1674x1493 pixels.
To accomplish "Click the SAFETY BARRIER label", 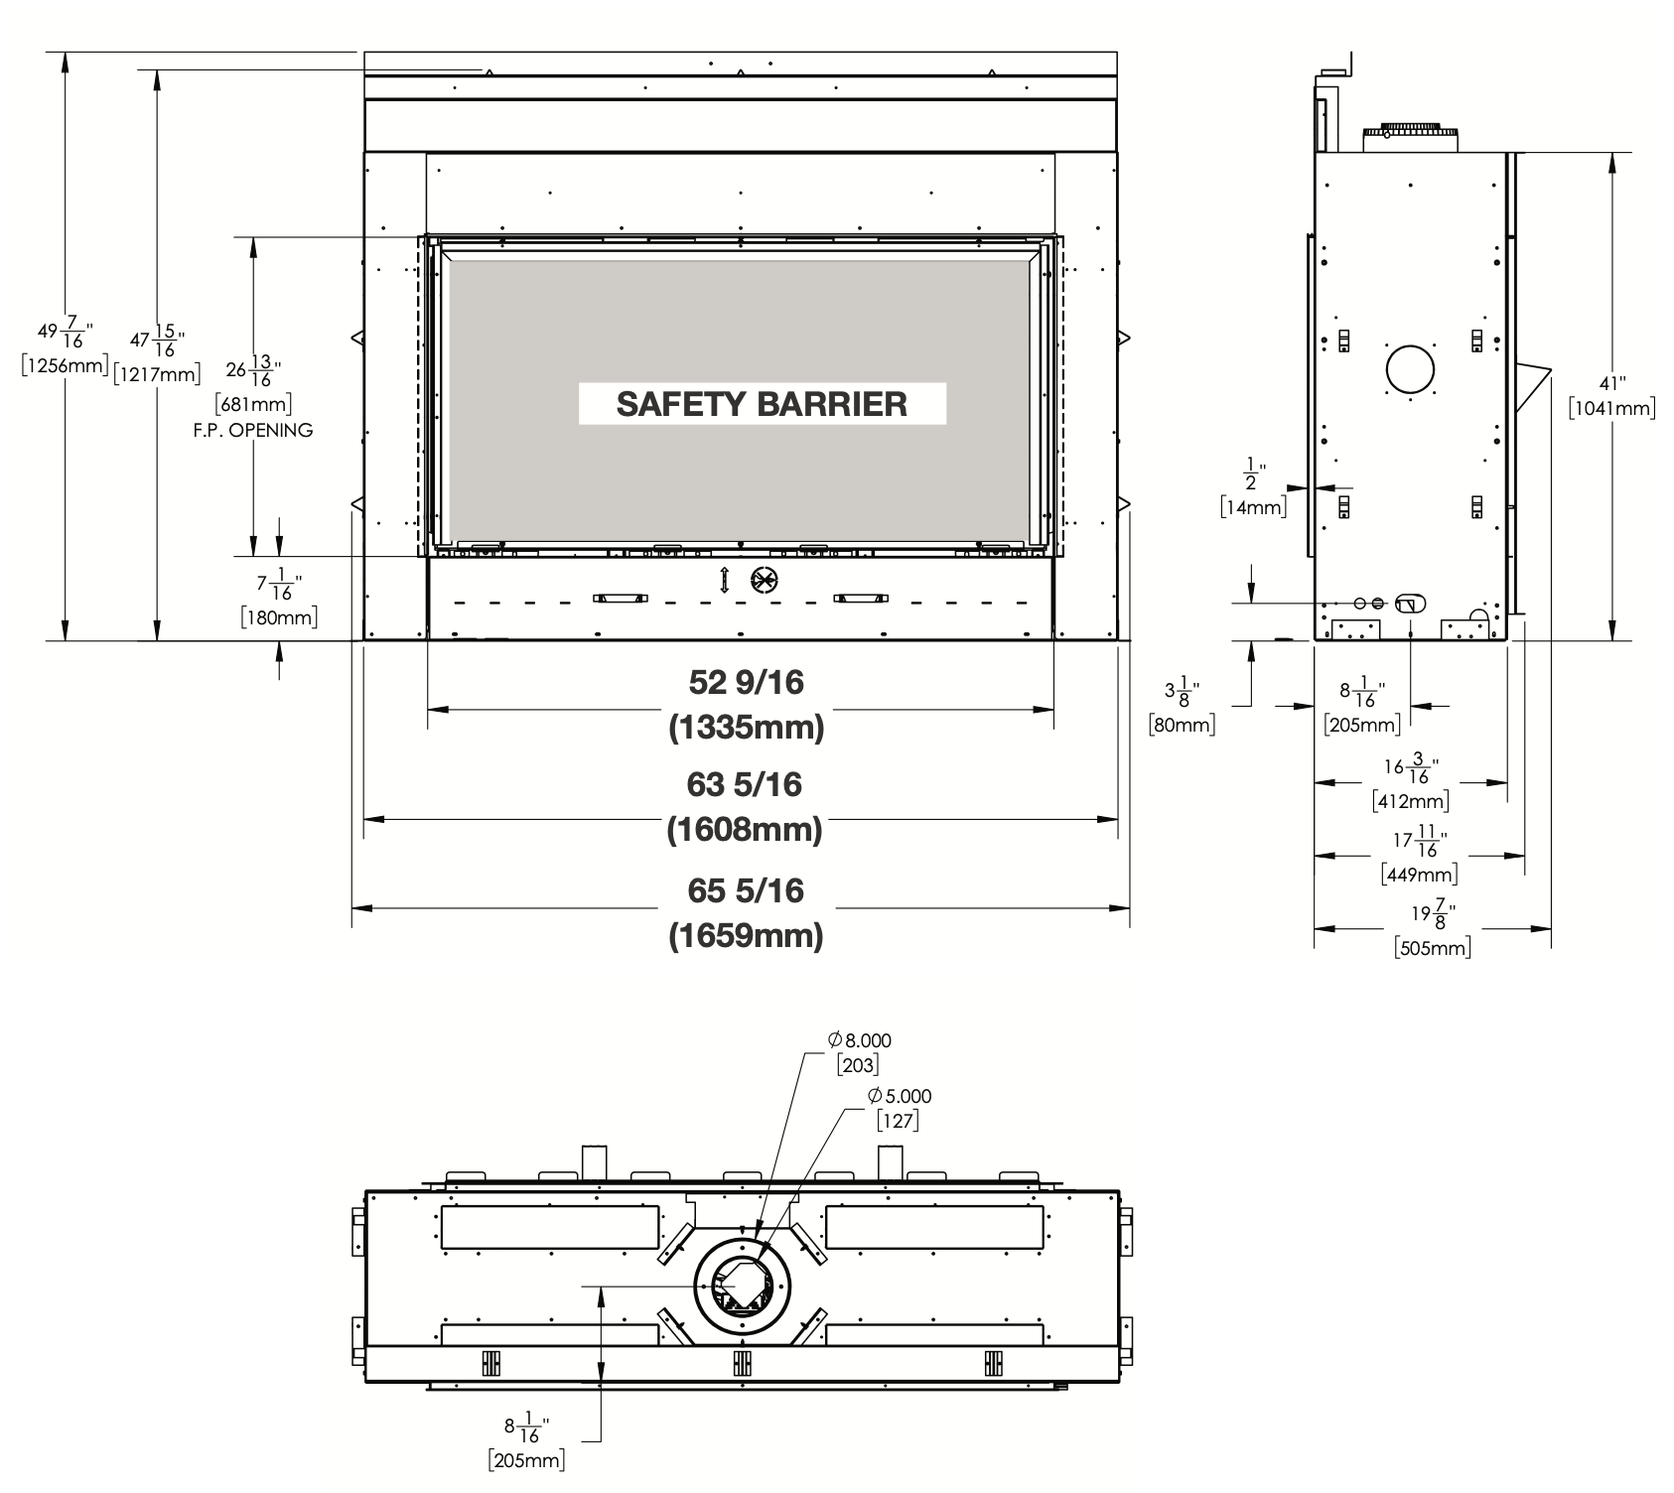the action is pyautogui.click(x=762, y=404).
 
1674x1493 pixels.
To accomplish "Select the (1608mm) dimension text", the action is pyautogui.click(x=745, y=829).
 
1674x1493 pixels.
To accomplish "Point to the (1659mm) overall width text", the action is pyautogui.click(x=746, y=935).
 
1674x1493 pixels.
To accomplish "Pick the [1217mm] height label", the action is pyautogui.click(x=157, y=374).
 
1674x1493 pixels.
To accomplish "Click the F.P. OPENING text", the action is pyautogui.click(x=253, y=430).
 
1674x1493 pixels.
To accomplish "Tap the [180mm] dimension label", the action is pyautogui.click(x=279, y=617).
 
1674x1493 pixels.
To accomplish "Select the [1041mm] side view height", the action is pyautogui.click(x=1611, y=408).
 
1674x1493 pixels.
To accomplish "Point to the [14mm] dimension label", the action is pyautogui.click(x=1253, y=507).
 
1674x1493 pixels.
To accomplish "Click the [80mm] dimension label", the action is pyautogui.click(x=1182, y=724).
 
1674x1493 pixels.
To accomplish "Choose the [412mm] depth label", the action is pyautogui.click(x=1411, y=800).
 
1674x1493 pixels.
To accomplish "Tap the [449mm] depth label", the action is pyautogui.click(x=1420, y=875).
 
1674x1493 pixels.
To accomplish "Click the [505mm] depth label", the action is pyautogui.click(x=1433, y=947).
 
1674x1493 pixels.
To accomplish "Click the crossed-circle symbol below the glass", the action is pyautogui.click(x=765, y=581).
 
